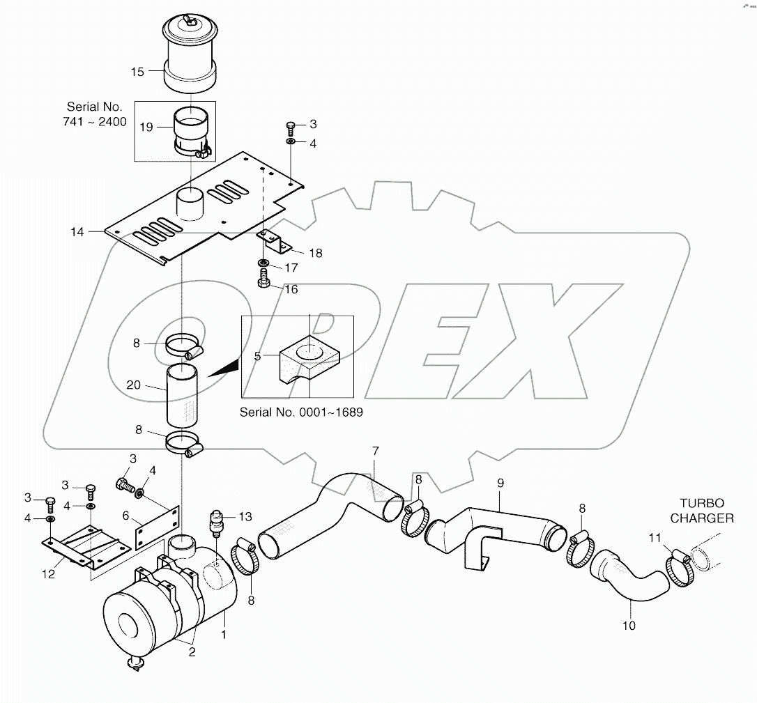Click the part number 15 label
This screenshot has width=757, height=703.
tap(137, 71)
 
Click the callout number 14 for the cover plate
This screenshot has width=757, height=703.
tap(77, 232)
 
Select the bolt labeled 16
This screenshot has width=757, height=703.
tap(265, 279)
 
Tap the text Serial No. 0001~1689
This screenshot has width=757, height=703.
tap(301, 412)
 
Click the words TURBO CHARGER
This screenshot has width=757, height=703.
tap(707, 510)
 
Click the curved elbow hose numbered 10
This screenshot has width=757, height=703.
tap(631, 575)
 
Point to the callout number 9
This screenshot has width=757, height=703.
tap(500, 482)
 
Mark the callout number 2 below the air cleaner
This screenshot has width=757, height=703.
tap(191, 652)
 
